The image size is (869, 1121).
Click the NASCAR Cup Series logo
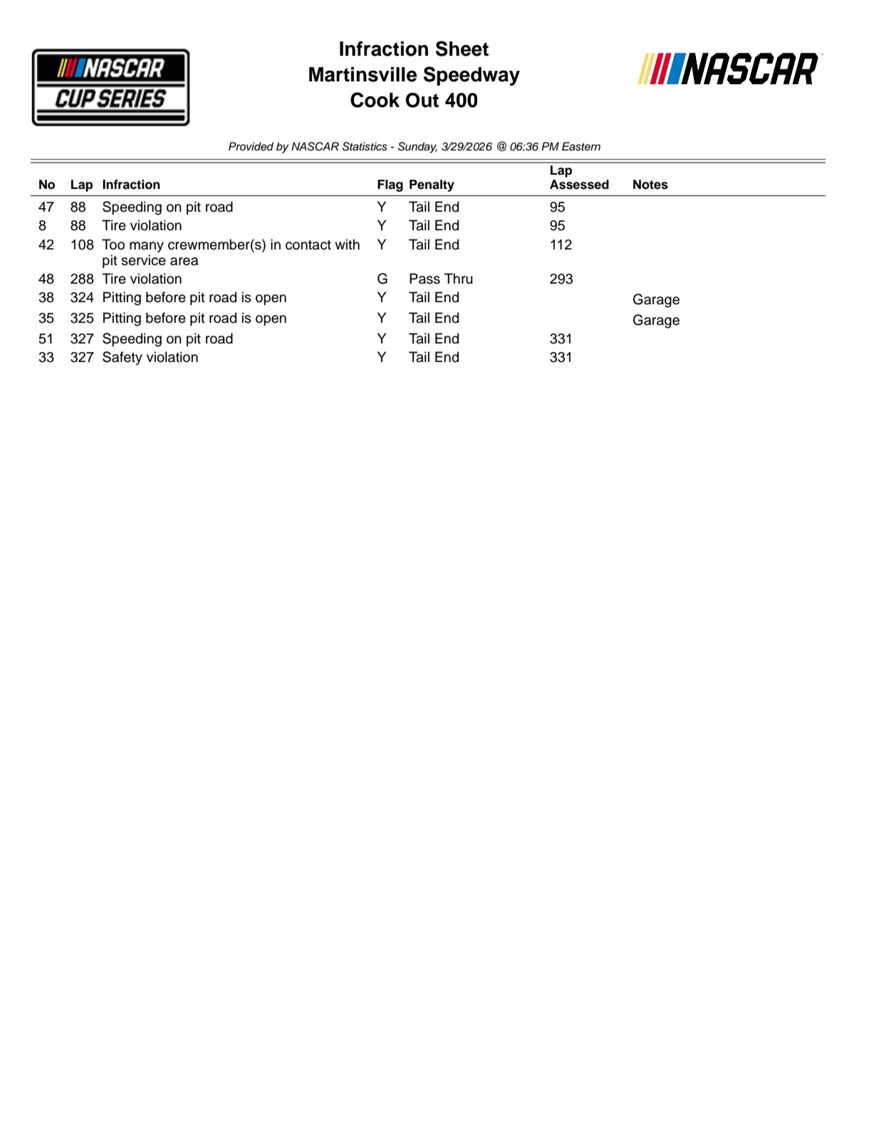click(x=110, y=87)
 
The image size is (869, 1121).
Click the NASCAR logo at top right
click(x=728, y=69)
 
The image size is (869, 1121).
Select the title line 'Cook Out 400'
click(x=414, y=100)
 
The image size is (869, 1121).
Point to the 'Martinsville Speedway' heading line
click(x=414, y=75)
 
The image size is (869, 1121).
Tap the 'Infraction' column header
click(x=131, y=184)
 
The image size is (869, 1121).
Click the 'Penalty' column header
click(x=431, y=184)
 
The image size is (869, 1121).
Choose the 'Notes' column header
click(x=650, y=184)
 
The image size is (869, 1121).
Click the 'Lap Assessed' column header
click(x=578, y=178)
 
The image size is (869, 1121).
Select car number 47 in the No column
click(x=46, y=207)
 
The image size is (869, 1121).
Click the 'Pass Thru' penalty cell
click(x=440, y=279)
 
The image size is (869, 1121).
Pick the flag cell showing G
click(x=382, y=279)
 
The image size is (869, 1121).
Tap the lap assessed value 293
click(x=561, y=279)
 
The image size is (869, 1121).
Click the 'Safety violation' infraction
click(x=150, y=358)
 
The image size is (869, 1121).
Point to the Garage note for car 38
click(x=655, y=300)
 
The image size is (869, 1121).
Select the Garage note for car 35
click(x=655, y=320)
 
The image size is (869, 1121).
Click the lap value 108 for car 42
click(x=81, y=245)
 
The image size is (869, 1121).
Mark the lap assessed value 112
click(x=561, y=245)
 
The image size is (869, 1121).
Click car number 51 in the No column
click(x=46, y=339)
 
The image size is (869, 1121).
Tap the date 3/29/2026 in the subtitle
click(x=467, y=147)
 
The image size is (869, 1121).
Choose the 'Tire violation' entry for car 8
click(x=142, y=226)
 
